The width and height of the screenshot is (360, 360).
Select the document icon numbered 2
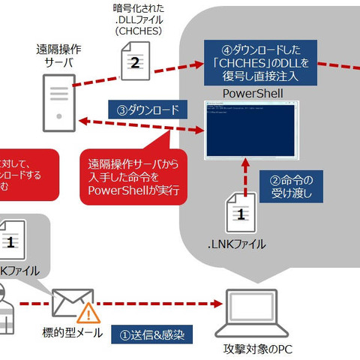(133, 61)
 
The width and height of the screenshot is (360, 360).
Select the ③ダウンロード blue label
(147, 110)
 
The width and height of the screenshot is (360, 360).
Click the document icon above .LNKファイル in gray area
(241, 214)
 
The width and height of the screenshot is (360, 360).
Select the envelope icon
(72, 304)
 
